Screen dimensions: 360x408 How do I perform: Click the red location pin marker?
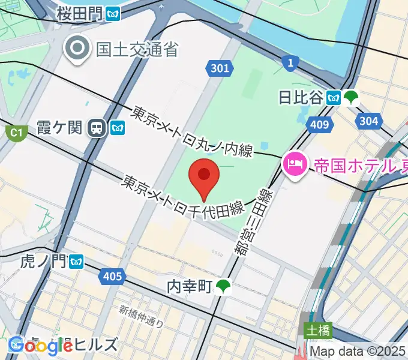(204, 178)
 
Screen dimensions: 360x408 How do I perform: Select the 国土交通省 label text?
(137, 49)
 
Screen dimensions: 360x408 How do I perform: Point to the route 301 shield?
(220, 68)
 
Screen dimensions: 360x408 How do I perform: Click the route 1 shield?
(290, 61)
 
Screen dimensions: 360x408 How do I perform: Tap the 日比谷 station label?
(301, 97)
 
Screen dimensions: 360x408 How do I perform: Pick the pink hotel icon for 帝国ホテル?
(295, 163)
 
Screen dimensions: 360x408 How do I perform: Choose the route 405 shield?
(113, 277)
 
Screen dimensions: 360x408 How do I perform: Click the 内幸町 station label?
(190, 287)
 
